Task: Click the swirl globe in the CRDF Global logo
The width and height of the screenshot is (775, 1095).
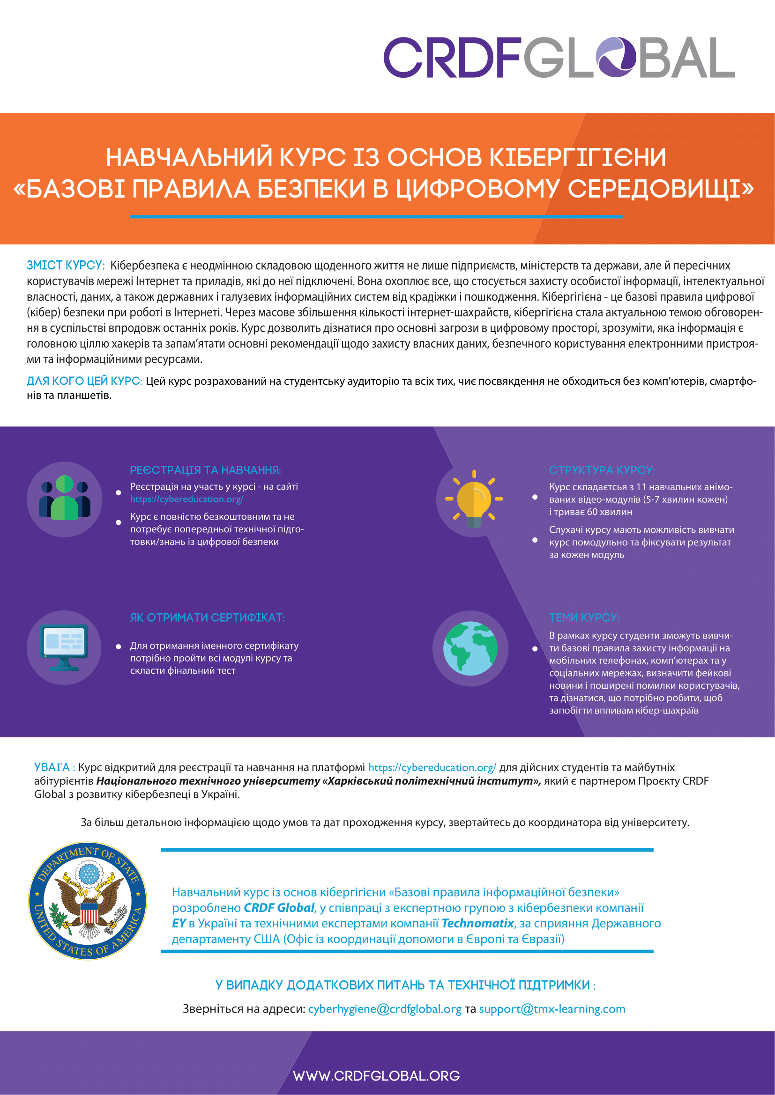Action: point(616,57)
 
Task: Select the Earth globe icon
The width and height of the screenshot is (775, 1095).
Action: point(470,648)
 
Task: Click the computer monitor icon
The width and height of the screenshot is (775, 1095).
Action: point(64,647)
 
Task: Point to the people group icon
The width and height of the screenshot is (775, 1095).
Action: point(64,499)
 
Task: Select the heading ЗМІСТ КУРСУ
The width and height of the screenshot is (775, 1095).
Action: point(66,265)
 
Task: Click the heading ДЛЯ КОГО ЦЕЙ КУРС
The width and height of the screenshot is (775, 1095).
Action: point(84,381)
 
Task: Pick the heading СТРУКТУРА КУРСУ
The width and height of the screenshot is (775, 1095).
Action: point(602,470)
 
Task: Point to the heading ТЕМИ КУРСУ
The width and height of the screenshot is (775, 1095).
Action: point(584,617)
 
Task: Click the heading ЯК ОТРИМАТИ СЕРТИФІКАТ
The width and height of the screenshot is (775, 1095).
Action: point(207,617)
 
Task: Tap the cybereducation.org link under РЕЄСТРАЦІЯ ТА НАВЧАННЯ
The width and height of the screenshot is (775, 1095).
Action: point(186,500)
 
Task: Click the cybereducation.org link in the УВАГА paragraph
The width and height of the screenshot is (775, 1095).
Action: point(432,767)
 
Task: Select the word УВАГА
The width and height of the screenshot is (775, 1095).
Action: point(52,767)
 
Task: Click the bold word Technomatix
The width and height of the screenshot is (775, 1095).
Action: point(477,923)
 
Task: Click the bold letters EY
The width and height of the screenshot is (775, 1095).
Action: point(179,923)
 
